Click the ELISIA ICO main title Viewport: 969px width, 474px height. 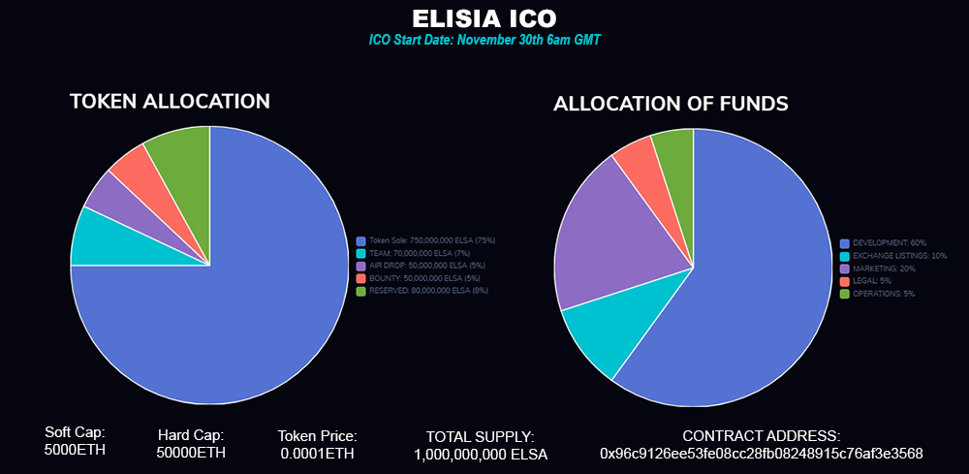tap(484, 19)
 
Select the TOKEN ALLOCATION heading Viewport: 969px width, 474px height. tap(170, 102)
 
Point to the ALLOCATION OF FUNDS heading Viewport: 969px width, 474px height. tap(671, 104)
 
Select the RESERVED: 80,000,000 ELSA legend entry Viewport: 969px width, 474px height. tap(427, 291)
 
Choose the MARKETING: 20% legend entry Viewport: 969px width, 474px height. tap(883, 268)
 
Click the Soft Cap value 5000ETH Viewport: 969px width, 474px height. tap(75, 450)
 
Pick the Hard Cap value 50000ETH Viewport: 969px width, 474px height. tap(191, 453)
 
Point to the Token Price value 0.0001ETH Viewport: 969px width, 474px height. tap(317, 453)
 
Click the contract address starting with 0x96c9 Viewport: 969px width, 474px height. tap(761, 453)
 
